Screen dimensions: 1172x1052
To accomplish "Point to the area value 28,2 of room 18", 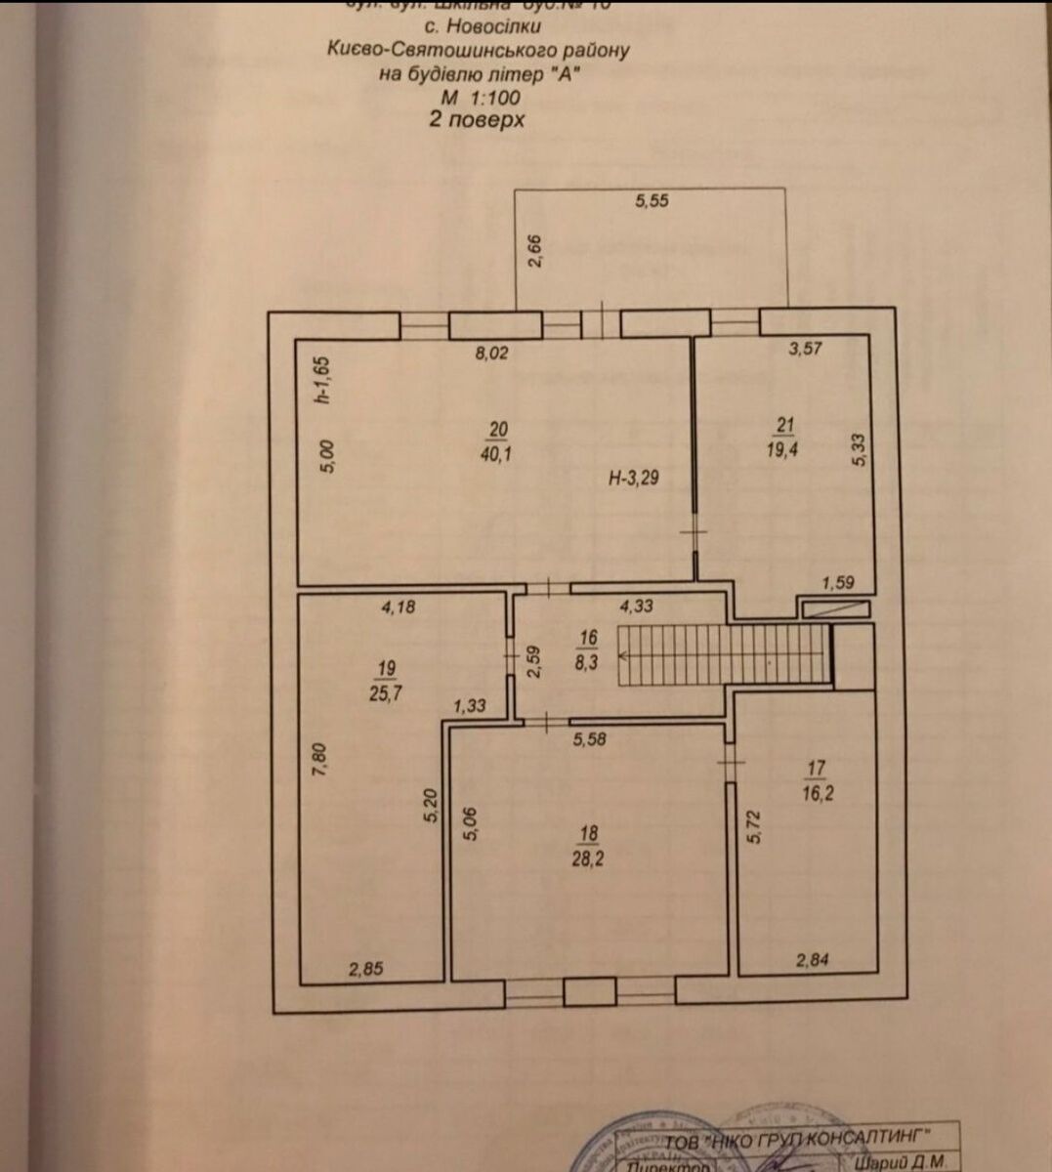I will (x=588, y=858).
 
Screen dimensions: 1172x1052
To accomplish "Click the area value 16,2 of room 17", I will (x=819, y=792).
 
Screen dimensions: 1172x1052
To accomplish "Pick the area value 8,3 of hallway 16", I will (x=587, y=660).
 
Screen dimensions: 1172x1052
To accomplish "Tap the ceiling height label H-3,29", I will (x=633, y=479).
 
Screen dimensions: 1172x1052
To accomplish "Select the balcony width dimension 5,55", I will (x=652, y=201).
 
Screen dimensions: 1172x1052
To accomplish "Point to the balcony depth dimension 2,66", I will (x=534, y=250).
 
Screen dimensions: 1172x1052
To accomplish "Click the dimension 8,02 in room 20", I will (x=492, y=353).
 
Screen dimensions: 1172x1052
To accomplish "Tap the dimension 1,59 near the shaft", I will (x=838, y=583).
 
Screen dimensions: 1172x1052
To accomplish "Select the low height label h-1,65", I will (x=326, y=379).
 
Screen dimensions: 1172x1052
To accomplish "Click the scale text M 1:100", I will (x=480, y=98).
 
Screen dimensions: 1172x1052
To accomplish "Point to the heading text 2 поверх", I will (x=478, y=119).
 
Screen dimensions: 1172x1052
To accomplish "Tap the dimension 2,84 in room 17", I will (x=813, y=961).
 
